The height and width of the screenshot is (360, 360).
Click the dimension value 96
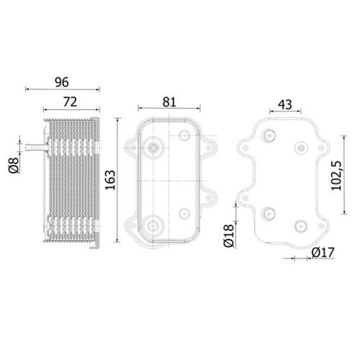[62, 82]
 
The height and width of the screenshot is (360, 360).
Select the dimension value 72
[71, 102]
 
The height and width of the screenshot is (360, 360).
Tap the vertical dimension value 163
[110, 180]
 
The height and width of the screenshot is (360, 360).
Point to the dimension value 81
[169, 102]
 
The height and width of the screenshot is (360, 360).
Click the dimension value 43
[285, 104]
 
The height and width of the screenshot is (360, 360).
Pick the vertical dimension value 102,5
[336, 176]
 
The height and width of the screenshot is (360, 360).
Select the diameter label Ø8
[14, 166]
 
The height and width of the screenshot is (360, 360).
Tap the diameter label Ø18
[229, 235]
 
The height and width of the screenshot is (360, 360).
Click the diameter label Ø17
[323, 253]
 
